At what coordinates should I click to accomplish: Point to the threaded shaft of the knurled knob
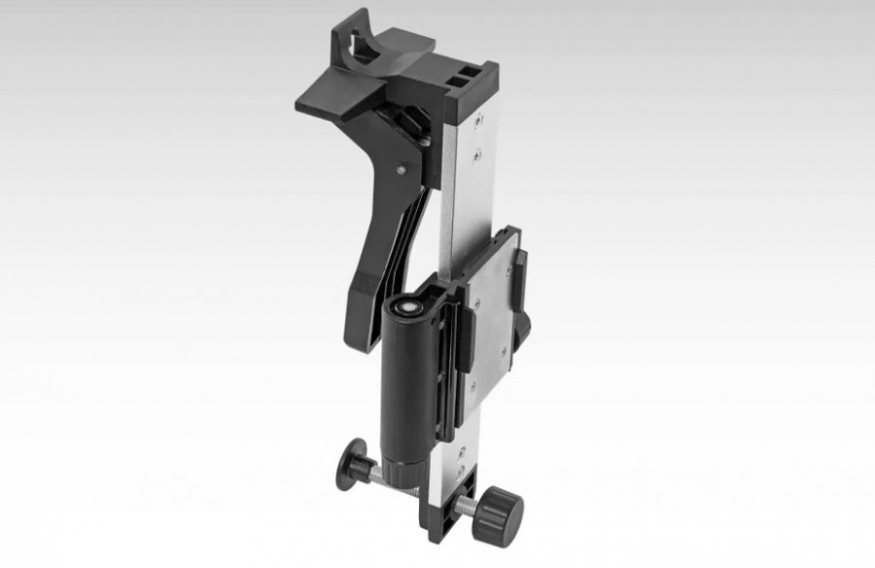[x=472, y=505]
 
